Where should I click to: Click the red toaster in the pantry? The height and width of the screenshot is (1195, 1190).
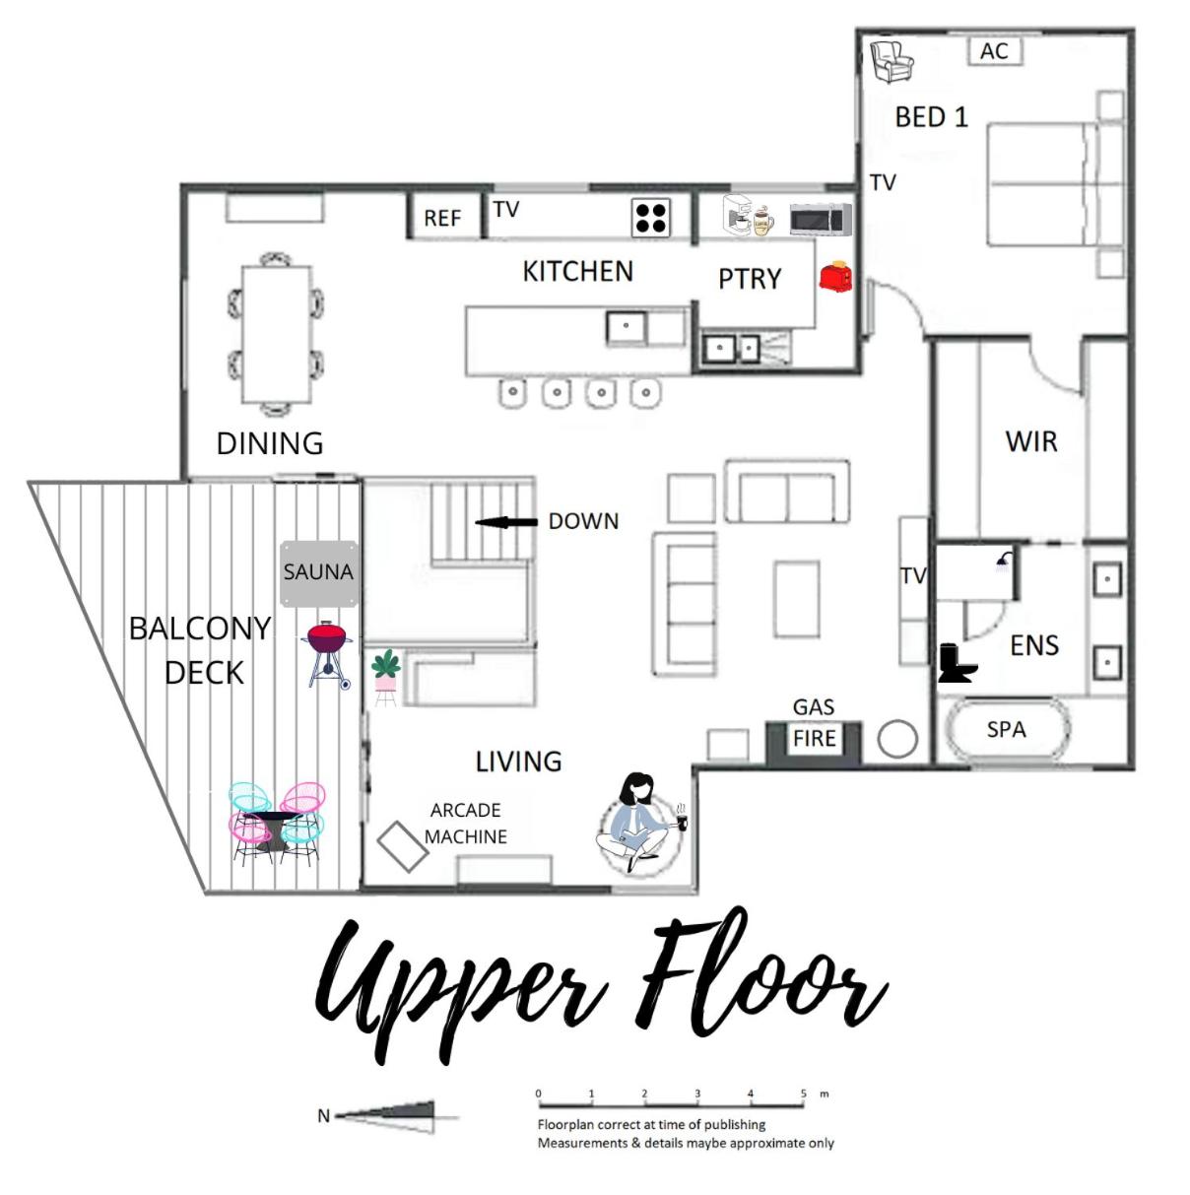coord(834,276)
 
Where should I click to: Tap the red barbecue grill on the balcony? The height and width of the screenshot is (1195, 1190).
coord(327,653)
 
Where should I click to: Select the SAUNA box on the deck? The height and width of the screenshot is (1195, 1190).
coord(319,573)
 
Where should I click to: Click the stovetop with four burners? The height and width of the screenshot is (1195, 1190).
coord(651,217)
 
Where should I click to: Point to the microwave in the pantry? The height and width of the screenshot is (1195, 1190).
coord(821,219)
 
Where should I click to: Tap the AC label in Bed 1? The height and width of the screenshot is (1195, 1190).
coord(994,51)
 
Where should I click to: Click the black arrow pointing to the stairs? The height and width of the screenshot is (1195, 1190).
coord(506,522)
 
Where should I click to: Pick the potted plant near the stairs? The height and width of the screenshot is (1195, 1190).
coord(386,677)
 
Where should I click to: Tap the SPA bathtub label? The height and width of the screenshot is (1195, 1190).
coord(1006,730)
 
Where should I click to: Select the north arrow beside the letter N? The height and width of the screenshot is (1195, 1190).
coord(384,1115)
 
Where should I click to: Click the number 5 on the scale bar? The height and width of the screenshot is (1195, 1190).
coord(804,1094)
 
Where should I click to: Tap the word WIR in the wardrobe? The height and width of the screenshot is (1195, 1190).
coord(1031,441)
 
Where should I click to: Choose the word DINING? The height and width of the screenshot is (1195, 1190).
coord(270,444)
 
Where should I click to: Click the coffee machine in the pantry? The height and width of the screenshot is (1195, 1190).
coord(738,215)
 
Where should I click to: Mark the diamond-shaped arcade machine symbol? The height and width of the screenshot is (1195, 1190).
coord(403,846)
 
